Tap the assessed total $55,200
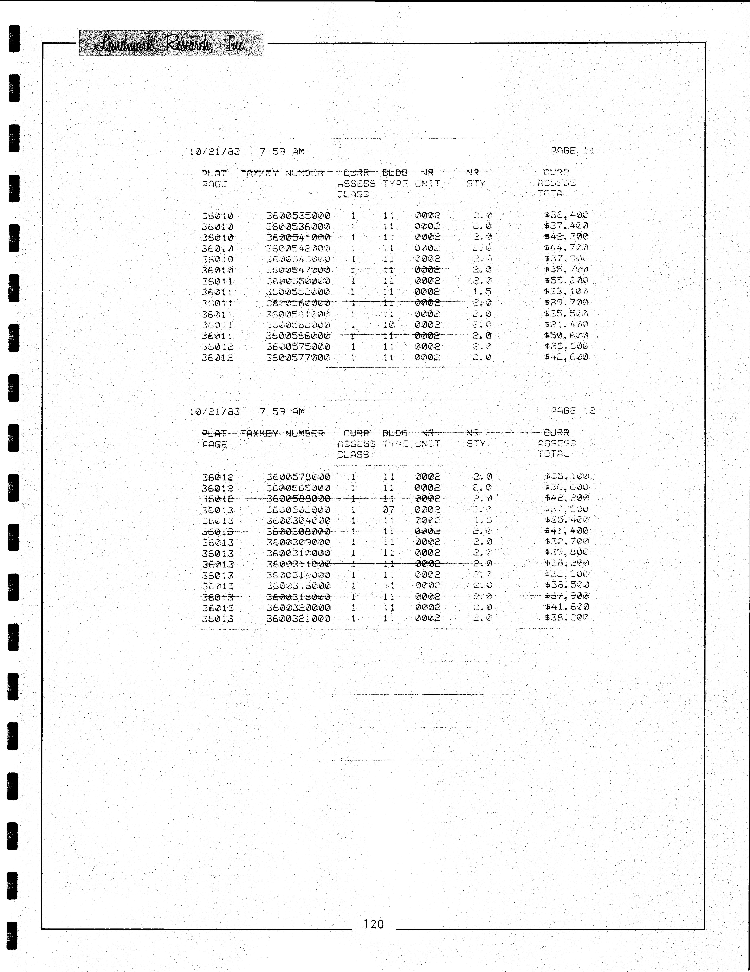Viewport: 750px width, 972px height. pos(566,280)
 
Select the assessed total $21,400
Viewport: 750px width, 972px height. pos(566,324)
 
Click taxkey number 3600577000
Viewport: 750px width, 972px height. pos(298,357)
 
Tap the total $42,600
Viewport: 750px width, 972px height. pos(566,357)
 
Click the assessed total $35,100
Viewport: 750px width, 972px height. pos(566,476)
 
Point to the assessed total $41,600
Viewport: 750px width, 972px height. pos(566,607)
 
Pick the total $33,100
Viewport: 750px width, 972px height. pos(566,291)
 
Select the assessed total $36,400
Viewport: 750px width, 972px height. pos(566,215)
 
